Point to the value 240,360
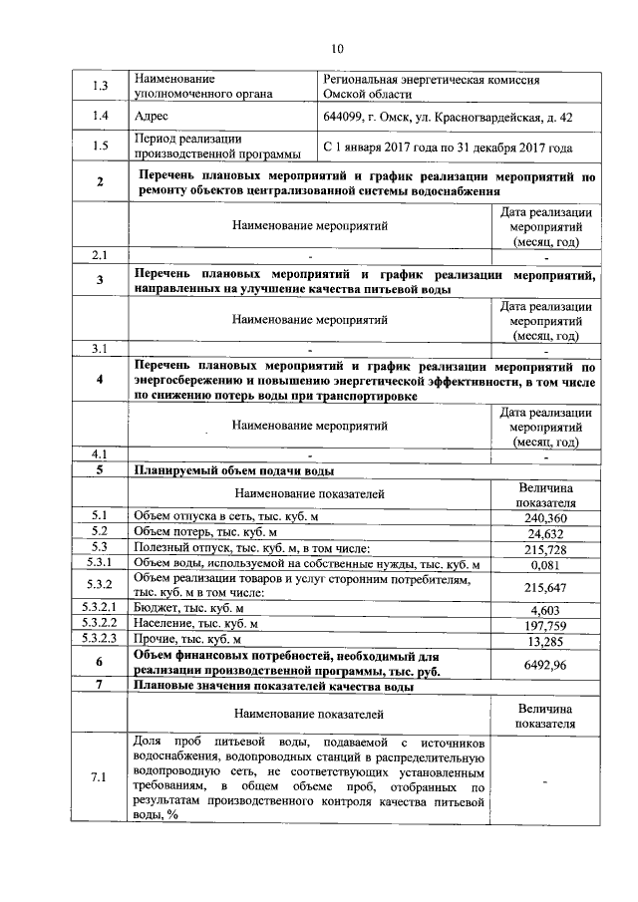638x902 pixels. (x=545, y=518)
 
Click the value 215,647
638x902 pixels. (x=545, y=587)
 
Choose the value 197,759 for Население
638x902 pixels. (x=545, y=624)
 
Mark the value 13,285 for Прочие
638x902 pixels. (x=545, y=639)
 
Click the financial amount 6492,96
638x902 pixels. (x=545, y=664)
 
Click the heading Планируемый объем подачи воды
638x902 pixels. (x=234, y=470)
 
